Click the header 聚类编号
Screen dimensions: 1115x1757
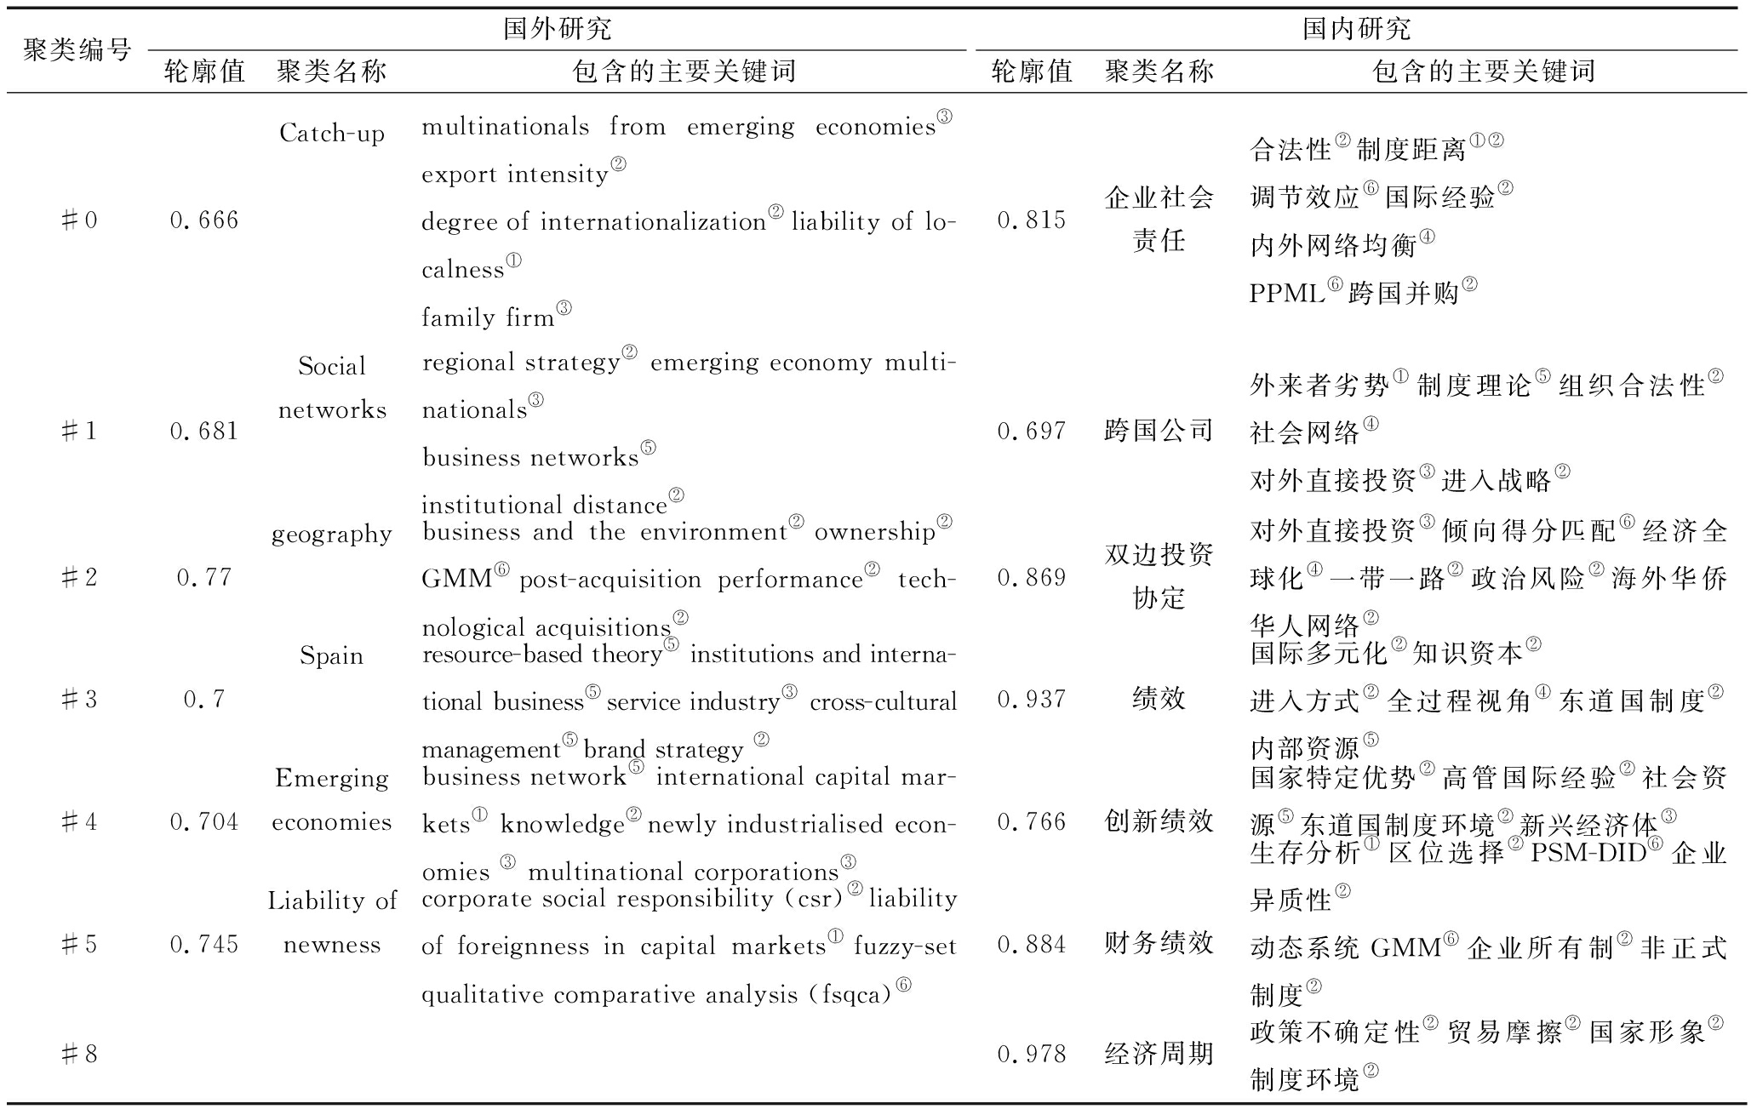tap(77, 50)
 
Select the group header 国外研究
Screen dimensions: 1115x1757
tap(557, 29)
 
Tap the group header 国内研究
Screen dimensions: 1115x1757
tap(1356, 29)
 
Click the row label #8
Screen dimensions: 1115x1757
tap(79, 1055)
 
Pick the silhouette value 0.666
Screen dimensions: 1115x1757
tap(204, 220)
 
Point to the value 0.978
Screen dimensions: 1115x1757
tap(1031, 1055)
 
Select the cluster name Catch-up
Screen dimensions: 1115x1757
tap(332, 134)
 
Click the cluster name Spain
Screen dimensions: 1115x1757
tap(331, 656)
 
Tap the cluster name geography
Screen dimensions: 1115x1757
tap(332, 535)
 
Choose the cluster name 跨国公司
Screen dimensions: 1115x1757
tap(1159, 431)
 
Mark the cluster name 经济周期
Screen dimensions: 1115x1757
tap(1159, 1055)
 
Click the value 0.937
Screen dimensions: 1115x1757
tap(1031, 699)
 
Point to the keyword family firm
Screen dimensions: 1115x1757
tap(488, 317)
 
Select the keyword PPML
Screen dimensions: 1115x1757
tap(1286, 294)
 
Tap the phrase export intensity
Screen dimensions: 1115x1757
tap(515, 174)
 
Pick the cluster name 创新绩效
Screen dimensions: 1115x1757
tap(1159, 821)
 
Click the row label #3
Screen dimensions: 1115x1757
tap(79, 700)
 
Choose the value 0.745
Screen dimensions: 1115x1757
tap(204, 944)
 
